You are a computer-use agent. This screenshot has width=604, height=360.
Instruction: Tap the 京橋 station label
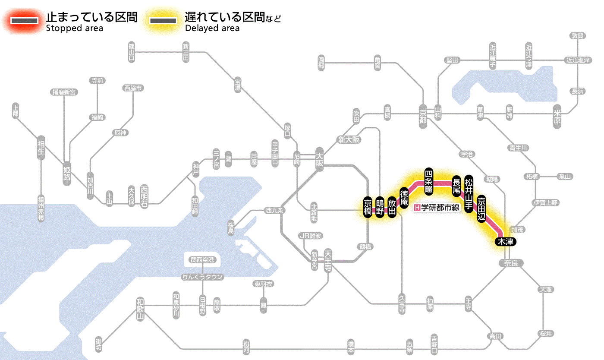(x=368, y=208)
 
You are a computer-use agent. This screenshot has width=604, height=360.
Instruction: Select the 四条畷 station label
(x=428, y=180)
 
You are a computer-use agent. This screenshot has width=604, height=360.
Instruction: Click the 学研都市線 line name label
(x=440, y=208)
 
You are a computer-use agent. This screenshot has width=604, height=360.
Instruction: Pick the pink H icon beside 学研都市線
(x=417, y=208)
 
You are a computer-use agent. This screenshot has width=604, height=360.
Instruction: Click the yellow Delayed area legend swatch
(x=163, y=21)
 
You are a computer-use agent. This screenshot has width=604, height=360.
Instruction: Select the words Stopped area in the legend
(x=75, y=28)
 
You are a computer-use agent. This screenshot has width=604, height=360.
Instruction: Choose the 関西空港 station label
(x=202, y=260)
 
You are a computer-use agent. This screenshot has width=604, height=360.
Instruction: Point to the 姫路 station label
(x=67, y=173)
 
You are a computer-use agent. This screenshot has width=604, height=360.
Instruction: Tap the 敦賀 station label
(x=577, y=36)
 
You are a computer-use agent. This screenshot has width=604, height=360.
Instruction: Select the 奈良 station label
(x=511, y=263)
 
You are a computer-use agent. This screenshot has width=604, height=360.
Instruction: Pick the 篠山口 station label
(x=132, y=52)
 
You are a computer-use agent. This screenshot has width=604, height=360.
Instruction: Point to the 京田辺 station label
(x=481, y=208)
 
